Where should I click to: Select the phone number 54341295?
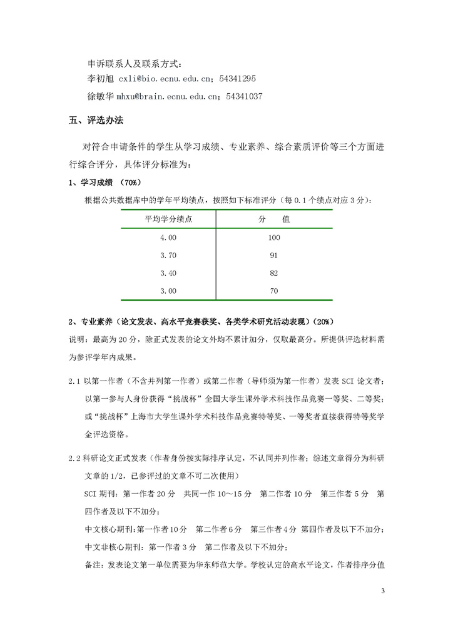pos(237,79)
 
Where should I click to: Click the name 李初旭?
pos(99,79)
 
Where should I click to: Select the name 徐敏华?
pos(99,97)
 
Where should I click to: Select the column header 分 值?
pos(274,219)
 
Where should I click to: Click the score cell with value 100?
pos(274,238)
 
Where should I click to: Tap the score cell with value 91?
pos(274,256)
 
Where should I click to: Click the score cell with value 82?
pos(274,273)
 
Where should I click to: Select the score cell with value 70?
pos(274,291)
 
